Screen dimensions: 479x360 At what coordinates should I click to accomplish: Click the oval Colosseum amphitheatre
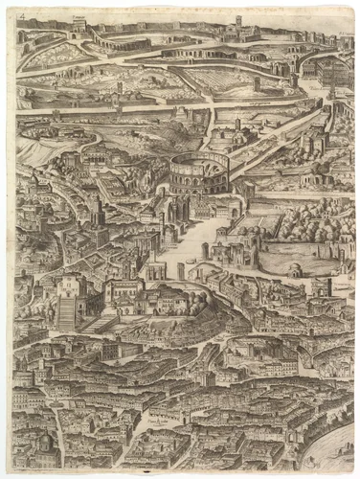[x=199, y=171]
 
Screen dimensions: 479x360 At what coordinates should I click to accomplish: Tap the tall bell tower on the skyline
[x=238, y=21]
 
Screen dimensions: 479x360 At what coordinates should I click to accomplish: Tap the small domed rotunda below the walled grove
[x=296, y=271]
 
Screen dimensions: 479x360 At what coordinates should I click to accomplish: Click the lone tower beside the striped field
[x=257, y=84]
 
